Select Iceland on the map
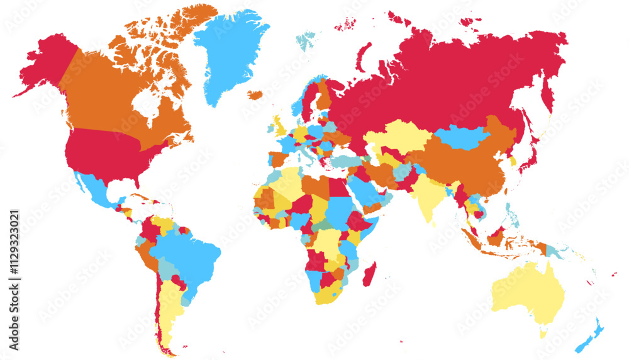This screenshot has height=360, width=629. pyautogui.click(x=255, y=95)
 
